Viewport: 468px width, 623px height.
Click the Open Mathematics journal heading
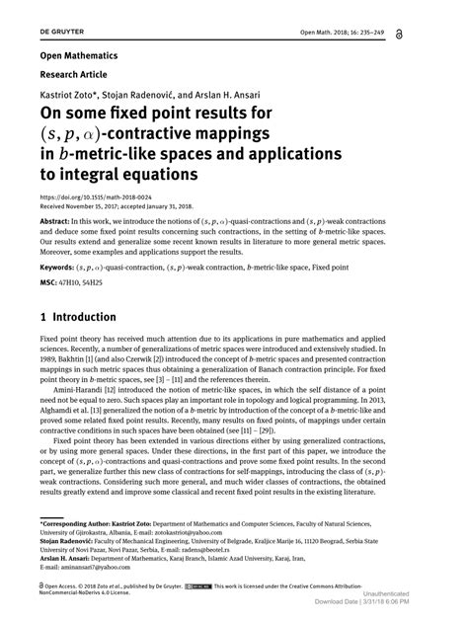coord(79,55)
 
